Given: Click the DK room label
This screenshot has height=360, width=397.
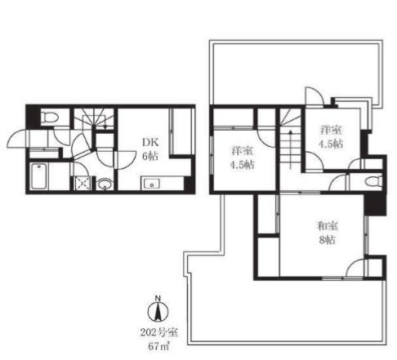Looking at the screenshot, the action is (150, 142).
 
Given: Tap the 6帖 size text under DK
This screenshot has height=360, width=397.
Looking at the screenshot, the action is (150, 156).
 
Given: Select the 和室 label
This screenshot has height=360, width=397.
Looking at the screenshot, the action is (328, 226).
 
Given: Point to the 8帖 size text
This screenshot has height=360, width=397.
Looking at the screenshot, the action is (328, 240).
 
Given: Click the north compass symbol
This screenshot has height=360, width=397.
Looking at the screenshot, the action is (158, 309).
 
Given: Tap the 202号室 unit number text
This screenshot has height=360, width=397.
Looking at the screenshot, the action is (159, 332).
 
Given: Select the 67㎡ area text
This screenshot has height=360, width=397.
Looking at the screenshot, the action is (159, 346).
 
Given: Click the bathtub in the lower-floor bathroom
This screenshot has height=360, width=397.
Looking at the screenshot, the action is (39, 176).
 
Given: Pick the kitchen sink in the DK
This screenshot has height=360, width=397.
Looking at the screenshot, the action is (151, 184).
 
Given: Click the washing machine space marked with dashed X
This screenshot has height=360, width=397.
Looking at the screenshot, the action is (83, 183).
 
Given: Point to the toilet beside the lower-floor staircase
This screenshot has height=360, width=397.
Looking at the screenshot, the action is (50, 118).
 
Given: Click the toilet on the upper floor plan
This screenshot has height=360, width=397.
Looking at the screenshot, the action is (373, 181).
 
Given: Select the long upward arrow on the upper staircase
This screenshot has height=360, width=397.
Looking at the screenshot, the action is (291, 149).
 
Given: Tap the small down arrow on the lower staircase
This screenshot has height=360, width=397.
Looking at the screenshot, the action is (106, 127).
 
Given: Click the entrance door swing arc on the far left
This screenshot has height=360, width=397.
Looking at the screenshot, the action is (17, 139).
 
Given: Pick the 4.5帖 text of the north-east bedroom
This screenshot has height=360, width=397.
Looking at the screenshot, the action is (331, 144).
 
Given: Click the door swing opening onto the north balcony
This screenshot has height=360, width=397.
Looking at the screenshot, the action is (314, 96).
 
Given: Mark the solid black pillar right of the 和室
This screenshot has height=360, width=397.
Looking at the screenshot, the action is (375, 205).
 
